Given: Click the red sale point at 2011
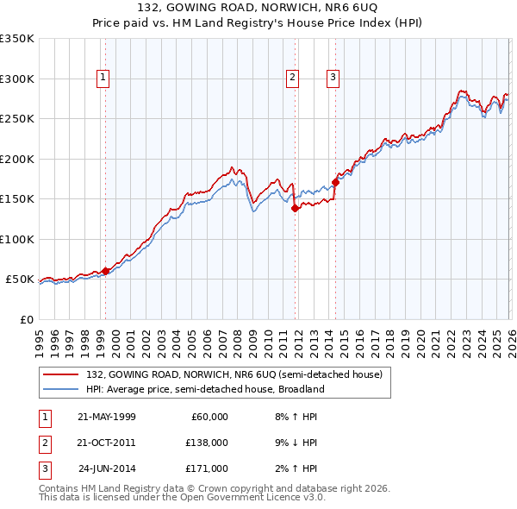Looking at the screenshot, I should click(295, 208).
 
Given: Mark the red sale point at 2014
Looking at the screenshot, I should click(335, 182).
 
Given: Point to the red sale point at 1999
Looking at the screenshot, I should click(105, 271).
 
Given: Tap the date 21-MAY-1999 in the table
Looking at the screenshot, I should click(106, 417).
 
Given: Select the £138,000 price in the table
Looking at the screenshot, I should click(207, 443).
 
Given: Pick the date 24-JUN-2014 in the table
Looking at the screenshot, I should click(106, 470).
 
